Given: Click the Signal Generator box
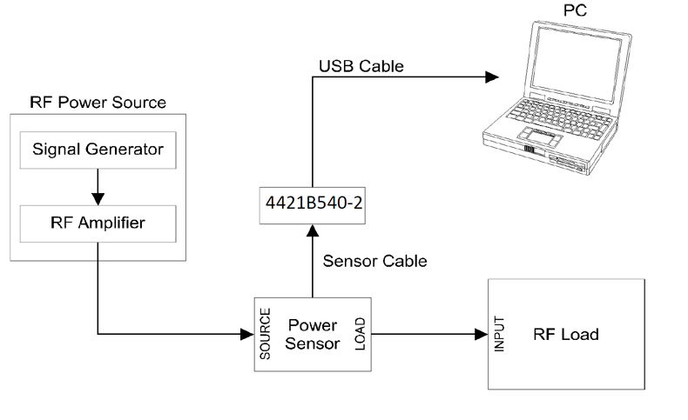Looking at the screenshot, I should pyautogui.click(x=98, y=150).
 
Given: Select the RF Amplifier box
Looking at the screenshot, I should pyautogui.click(x=98, y=223).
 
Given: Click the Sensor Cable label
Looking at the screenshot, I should pyautogui.click(x=374, y=260).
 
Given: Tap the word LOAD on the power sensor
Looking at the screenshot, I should pyautogui.click(x=360, y=335).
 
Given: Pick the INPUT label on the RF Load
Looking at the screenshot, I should pyautogui.click(x=500, y=334).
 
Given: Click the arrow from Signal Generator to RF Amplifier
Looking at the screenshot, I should pyautogui.click(x=98, y=186).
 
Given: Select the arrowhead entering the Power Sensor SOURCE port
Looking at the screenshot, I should pyautogui.click(x=246, y=334).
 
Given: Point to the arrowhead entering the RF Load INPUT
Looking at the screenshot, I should pyautogui.click(x=481, y=334).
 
